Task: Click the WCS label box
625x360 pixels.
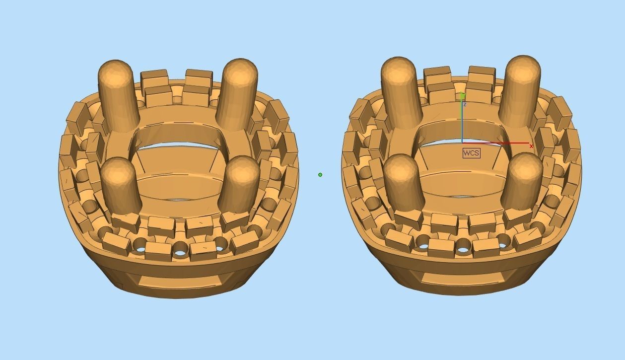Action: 471,153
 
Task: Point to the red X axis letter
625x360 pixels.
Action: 531,146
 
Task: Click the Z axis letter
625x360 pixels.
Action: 464,104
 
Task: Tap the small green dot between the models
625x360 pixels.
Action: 320,175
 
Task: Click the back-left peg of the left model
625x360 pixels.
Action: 118,94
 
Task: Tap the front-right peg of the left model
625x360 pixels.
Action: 239,184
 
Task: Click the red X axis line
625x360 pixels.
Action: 496,144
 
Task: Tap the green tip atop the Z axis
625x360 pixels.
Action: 463,95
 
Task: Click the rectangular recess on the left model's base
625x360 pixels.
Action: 179,281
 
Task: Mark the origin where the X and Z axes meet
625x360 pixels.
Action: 462,143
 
